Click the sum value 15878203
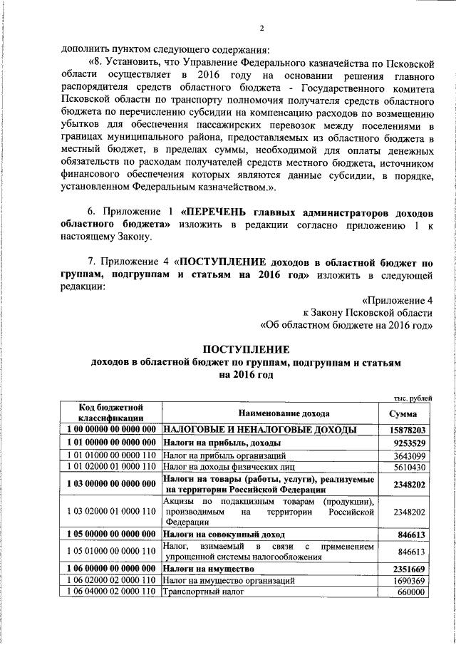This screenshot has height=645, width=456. point(408,430)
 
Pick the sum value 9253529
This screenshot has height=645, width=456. point(408,443)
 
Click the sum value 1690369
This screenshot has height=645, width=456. point(410,581)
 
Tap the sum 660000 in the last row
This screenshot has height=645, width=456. point(413,592)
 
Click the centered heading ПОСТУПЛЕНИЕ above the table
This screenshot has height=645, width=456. point(247,349)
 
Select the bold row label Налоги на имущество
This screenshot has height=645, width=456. point(209,569)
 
